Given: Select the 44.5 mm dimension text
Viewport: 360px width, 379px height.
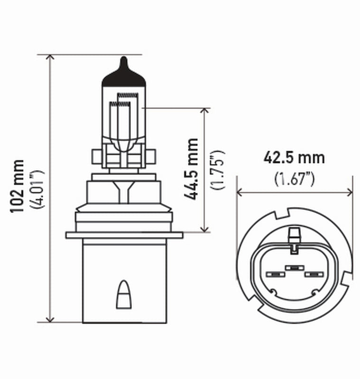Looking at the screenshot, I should pyautogui.click(x=192, y=169).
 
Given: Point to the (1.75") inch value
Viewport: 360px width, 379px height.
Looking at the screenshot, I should pyautogui.click(x=218, y=169).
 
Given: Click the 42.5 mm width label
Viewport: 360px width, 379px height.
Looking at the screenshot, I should pyautogui.click(x=294, y=158).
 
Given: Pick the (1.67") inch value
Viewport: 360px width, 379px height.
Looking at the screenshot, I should pyautogui.click(x=295, y=179).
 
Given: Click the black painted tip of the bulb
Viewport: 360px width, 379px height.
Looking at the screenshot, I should pyautogui.click(x=123, y=76).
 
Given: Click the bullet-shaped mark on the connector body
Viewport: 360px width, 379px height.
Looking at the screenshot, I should pyautogui.click(x=123, y=294).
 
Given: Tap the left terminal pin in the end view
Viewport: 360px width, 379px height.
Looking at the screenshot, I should pyautogui.click(x=275, y=274).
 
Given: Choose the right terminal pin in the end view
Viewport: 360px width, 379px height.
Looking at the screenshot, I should pyautogui.click(x=313, y=274).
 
